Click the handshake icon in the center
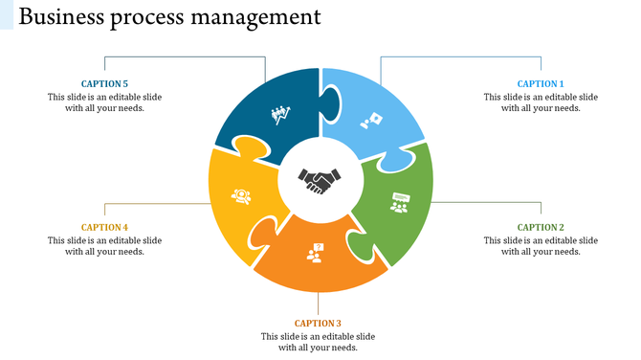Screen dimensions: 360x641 pyautogui.click(x=320, y=180)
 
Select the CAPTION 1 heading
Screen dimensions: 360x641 pyautogui.click(x=541, y=84)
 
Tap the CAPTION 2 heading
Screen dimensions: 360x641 pyautogui.click(x=541, y=228)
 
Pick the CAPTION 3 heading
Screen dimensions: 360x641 pyautogui.click(x=318, y=324)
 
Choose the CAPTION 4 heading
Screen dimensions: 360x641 pyautogui.click(x=104, y=228)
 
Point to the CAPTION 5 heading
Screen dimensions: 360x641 pyautogui.click(x=104, y=84)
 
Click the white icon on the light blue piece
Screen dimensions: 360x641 pyautogui.click(x=371, y=122)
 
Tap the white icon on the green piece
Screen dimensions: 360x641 pyautogui.click(x=399, y=202)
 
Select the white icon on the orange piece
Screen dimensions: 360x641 pyautogui.click(x=315, y=253)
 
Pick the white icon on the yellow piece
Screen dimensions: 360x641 pyautogui.click(x=241, y=196)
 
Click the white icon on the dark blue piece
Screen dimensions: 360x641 pyautogui.click(x=281, y=115)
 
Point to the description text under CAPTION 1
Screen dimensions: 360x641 pyautogui.click(x=541, y=102)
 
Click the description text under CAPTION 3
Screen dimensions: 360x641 pyautogui.click(x=318, y=342)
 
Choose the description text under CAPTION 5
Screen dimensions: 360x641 pyautogui.click(x=104, y=102)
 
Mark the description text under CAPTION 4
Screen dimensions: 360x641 pyautogui.click(x=104, y=246)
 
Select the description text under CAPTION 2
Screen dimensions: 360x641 pyautogui.click(x=541, y=246)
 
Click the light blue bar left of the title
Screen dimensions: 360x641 pyautogui.click(x=7, y=14)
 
